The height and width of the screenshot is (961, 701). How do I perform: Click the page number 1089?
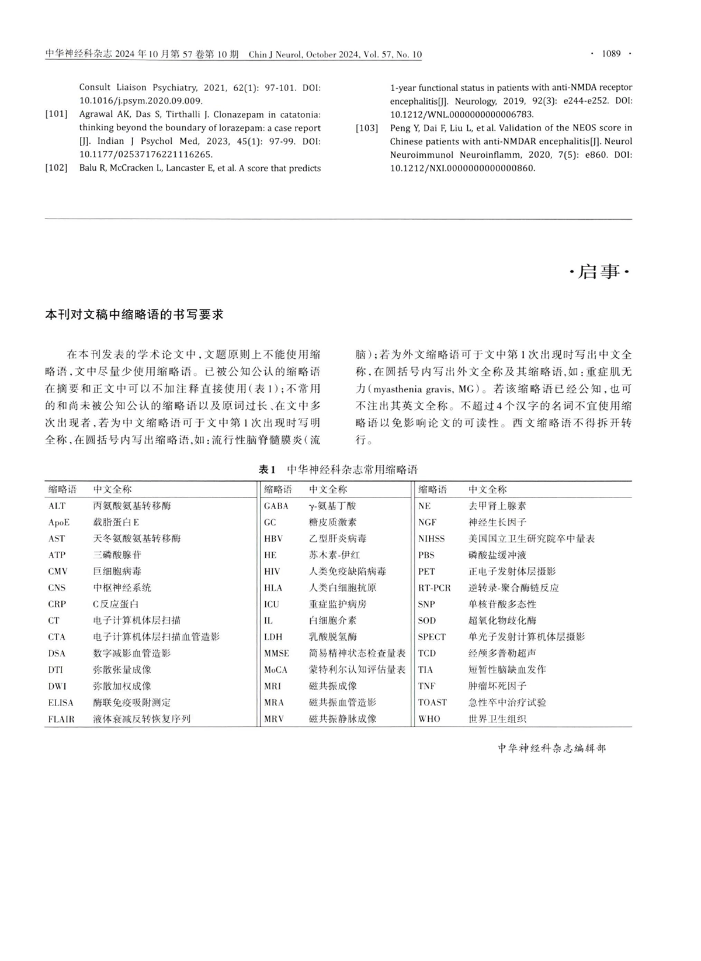click(x=611, y=54)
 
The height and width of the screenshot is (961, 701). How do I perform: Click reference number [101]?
click(x=57, y=114)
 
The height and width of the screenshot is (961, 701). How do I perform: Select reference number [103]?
click(x=367, y=128)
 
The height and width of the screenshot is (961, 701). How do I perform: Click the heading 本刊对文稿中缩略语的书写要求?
click(x=135, y=314)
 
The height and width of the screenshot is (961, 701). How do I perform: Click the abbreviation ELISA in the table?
click(x=61, y=703)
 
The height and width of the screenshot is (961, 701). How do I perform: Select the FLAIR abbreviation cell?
click(x=61, y=719)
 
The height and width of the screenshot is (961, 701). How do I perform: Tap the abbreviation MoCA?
click(x=276, y=670)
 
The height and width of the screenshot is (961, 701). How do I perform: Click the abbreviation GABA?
click(x=276, y=506)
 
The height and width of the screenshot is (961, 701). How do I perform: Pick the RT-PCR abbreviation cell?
click(x=435, y=588)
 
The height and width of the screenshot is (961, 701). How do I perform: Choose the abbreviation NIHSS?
click(x=431, y=539)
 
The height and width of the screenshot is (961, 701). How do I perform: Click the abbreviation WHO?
click(x=429, y=719)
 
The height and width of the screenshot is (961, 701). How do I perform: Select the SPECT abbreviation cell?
click(x=432, y=637)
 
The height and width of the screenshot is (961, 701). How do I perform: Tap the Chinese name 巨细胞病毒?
click(x=117, y=572)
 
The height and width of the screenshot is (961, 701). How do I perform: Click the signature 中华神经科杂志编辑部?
click(x=552, y=748)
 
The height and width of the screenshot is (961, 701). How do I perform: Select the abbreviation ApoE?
click(x=59, y=523)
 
